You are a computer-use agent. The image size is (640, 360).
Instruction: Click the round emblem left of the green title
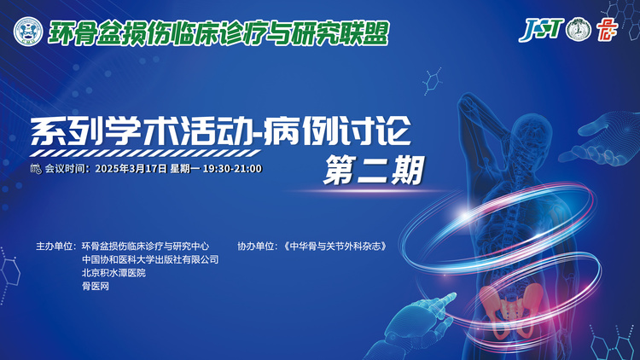[28, 32]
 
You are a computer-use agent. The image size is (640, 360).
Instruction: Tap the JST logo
[541, 29]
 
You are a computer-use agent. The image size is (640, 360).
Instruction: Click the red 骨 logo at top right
[607, 29]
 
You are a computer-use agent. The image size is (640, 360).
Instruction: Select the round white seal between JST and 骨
[579, 29]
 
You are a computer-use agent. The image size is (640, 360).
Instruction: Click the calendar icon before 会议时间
[36, 169]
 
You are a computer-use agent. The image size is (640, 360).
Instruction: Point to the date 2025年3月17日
[131, 169]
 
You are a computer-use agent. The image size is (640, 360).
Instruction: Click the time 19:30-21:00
[232, 169]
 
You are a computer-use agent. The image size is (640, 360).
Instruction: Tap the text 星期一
[185, 169]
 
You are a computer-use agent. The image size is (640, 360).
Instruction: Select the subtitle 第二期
[374, 171]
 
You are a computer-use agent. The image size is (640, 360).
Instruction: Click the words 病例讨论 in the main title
[337, 131]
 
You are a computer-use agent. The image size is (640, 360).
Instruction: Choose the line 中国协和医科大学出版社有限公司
[150, 259]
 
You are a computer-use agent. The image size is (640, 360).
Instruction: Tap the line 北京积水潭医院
[113, 273]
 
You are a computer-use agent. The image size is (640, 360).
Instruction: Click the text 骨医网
[96, 286]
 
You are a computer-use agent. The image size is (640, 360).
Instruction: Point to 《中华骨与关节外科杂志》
[335, 247]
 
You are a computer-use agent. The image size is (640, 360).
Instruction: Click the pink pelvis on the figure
[511, 307]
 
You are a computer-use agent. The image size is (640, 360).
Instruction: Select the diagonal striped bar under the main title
[145, 154]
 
